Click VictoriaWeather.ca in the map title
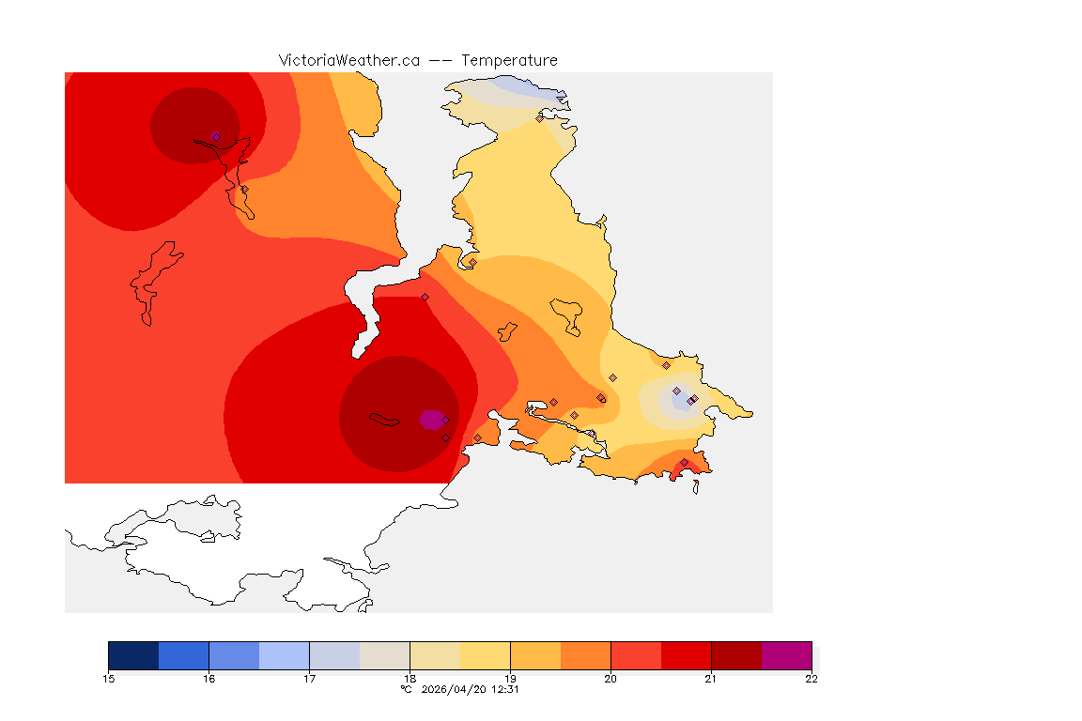click(348, 60)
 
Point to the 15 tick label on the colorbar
click(108, 679)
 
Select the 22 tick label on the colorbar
click(811, 679)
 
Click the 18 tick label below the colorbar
click(410, 679)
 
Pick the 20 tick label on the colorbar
click(611, 679)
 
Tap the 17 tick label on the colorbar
click(309, 679)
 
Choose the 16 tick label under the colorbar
click(209, 679)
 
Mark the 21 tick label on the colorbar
click(711, 679)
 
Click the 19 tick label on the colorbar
click(510, 679)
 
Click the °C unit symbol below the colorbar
click(406, 689)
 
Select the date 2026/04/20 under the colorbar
click(454, 689)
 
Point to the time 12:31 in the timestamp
click(505, 689)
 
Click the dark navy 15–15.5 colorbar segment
click(133, 655)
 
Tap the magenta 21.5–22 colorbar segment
click(786, 655)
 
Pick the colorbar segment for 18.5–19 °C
click(485, 655)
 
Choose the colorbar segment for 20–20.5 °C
click(636, 655)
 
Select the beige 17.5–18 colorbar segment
click(384, 655)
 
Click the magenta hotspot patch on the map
click(431, 419)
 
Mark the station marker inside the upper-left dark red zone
click(216, 137)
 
